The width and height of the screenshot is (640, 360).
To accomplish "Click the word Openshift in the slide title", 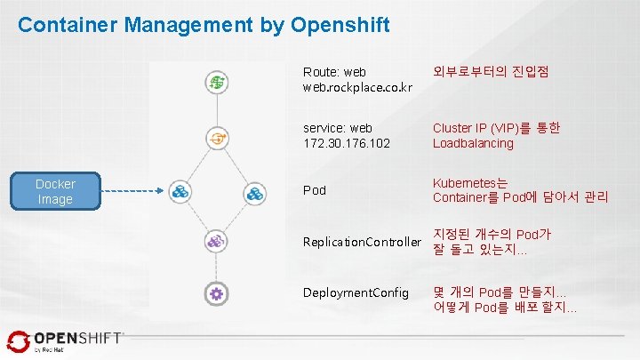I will (339, 25).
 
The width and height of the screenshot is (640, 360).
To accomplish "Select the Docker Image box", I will (55, 191).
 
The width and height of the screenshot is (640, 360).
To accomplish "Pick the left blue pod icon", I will (180, 191).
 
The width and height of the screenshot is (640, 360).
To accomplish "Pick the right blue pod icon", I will (255, 191).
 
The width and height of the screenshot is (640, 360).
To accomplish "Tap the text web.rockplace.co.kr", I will (357, 87).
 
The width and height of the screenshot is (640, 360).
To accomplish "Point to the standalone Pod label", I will (314, 190).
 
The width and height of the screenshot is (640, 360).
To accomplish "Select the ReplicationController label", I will (361, 242).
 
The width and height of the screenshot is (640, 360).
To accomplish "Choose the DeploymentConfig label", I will (356, 292).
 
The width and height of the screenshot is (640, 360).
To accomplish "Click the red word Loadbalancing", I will (473, 143).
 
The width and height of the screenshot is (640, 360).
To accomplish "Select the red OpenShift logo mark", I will (18, 340).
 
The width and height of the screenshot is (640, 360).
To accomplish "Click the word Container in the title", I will (68, 25).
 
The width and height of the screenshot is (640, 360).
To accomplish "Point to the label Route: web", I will (334, 71).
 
